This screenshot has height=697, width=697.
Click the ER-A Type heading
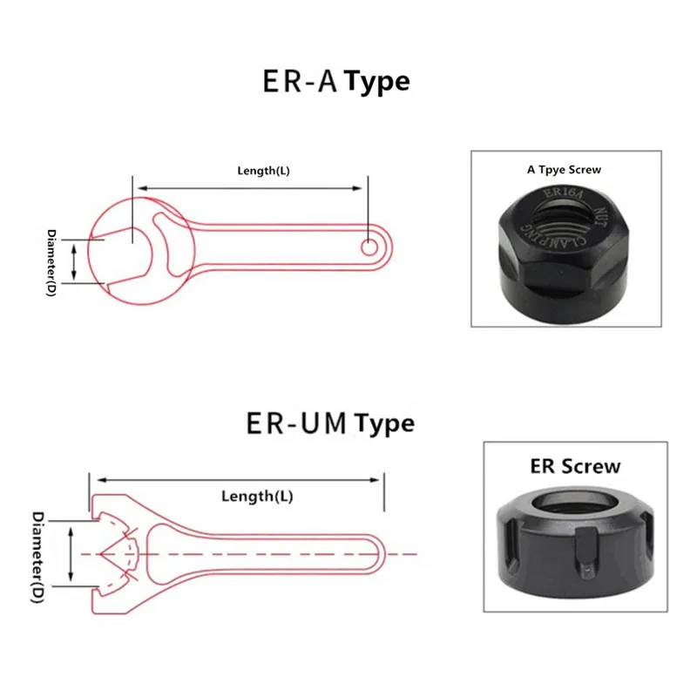click(335, 82)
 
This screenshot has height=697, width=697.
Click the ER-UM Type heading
click(330, 424)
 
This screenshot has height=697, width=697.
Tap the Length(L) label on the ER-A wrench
click(263, 171)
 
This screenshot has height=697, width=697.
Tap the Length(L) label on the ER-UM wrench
click(257, 497)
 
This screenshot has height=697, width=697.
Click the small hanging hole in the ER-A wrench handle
click(370, 247)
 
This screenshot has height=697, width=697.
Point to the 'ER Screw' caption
click(575, 466)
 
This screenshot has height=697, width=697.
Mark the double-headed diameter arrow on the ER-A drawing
click(74, 261)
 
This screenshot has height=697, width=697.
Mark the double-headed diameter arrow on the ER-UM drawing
click(71, 554)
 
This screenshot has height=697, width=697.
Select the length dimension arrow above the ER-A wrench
click(248, 187)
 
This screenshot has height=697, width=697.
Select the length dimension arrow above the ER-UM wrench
click(240, 478)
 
